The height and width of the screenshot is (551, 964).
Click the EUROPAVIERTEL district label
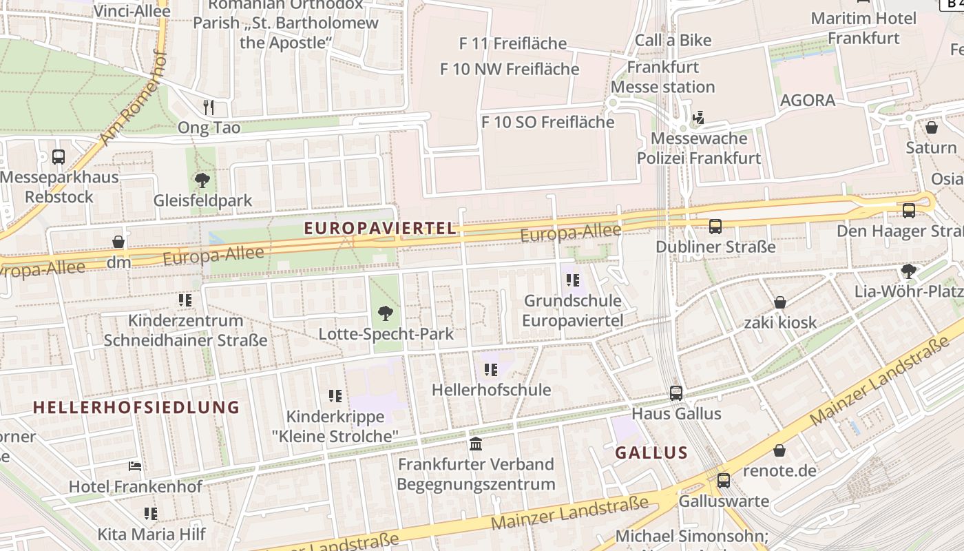pyautogui.click(x=381, y=229)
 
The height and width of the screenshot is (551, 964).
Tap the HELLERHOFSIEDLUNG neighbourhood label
pyautogui.click(x=136, y=407)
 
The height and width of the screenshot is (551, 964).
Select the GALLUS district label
pyautogui.click(x=651, y=453)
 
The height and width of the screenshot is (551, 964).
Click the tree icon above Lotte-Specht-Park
pyautogui.click(x=386, y=313)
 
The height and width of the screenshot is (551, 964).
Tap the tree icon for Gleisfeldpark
pyautogui.click(x=202, y=180)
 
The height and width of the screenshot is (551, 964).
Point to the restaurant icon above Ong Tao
pyautogui.click(x=209, y=107)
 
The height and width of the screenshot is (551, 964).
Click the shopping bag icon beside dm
pyautogui.click(x=118, y=242)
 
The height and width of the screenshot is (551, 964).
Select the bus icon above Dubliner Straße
pyautogui.click(x=715, y=226)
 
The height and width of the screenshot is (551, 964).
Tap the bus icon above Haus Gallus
pyautogui.click(x=676, y=393)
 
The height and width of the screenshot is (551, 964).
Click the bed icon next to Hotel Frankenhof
pyautogui.click(x=135, y=466)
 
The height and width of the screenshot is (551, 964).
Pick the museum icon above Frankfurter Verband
pyautogui.click(x=475, y=443)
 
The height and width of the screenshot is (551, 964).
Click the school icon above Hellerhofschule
pyautogui.click(x=490, y=370)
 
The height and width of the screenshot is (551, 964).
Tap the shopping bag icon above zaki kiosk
pyautogui.click(x=780, y=302)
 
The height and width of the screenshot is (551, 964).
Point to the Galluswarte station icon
pyautogui.click(x=723, y=481)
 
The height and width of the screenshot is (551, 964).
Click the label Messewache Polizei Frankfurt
pyautogui.click(x=699, y=148)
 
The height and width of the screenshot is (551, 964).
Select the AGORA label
pyautogui.click(x=808, y=101)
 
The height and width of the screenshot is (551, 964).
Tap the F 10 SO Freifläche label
pyautogui.click(x=547, y=122)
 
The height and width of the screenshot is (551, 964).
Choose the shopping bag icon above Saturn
pyautogui.click(x=932, y=127)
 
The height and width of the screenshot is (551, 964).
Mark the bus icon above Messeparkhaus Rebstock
pyautogui.click(x=59, y=156)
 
